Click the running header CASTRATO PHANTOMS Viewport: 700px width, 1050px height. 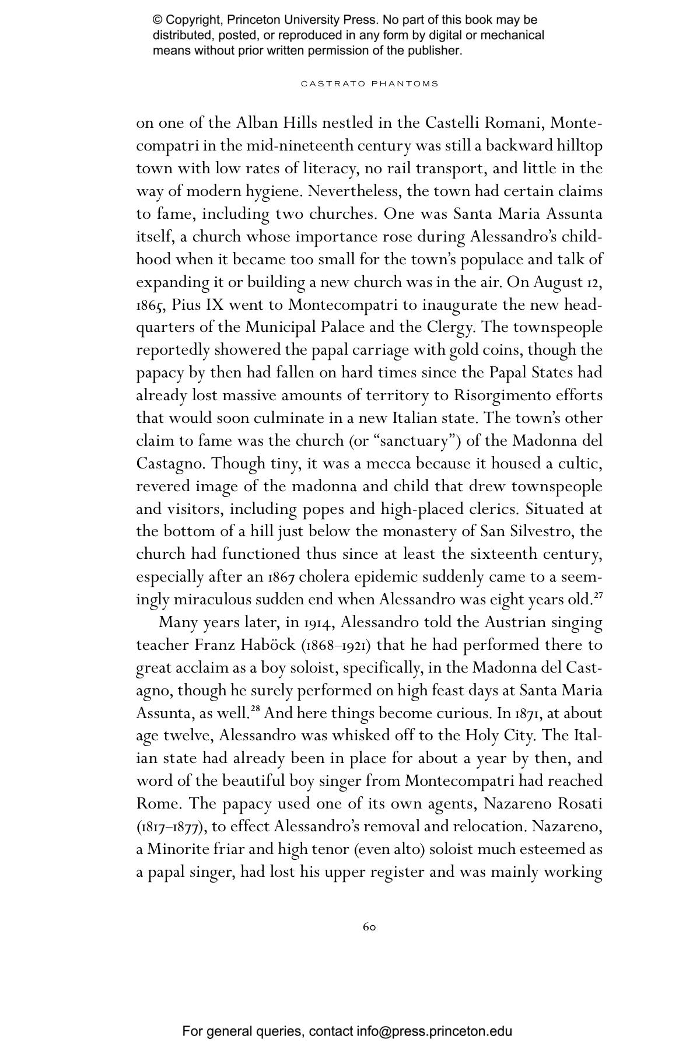[369, 83]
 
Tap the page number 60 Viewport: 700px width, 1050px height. [369, 927]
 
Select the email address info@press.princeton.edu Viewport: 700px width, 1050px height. [435, 1031]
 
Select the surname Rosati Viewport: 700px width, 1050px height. [580, 804]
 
